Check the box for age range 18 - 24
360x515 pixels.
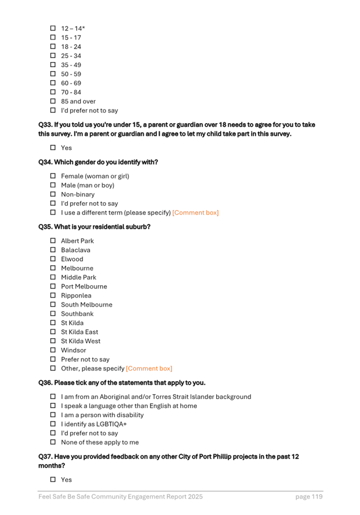pyautogui.click(x=53, y=46)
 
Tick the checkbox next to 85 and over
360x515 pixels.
pyautogui.click(x=53, y=102)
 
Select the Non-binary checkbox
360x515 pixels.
pyautogui.click(x=53, y=194)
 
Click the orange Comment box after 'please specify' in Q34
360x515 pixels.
pyautogui.click(x=195, y=213)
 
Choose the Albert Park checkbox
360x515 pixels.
pyautogui.click(x=53, y=241)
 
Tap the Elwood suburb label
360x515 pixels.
pyautogui.click(x=72, y=259)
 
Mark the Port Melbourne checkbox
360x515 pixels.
pyautogui.click(x=53, y=286)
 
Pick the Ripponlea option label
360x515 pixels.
pyautogui.click(x=76, y=295)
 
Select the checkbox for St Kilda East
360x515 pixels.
pyautogui.click(x=53, y=332)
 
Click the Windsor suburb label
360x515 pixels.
pyautogui.click(x=73, y=350)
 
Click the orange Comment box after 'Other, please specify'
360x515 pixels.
pyautogui.click(x=149, y=369)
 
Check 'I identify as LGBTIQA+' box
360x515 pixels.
pyautogui.click(x=53, y=424)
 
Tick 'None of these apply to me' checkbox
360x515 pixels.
pyautogui.click(x=53, y=443)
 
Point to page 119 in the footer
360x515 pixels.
pyautogui.click(x=309, y=497)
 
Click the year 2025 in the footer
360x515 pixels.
pyautogui.click(x=194, y=497)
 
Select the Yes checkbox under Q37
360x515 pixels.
pyautogui.click(x=53, y=479)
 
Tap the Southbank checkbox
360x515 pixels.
pyautogui.click(x=53, y=314)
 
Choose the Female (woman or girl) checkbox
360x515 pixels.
pyautogui.click(x=53, y=176)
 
